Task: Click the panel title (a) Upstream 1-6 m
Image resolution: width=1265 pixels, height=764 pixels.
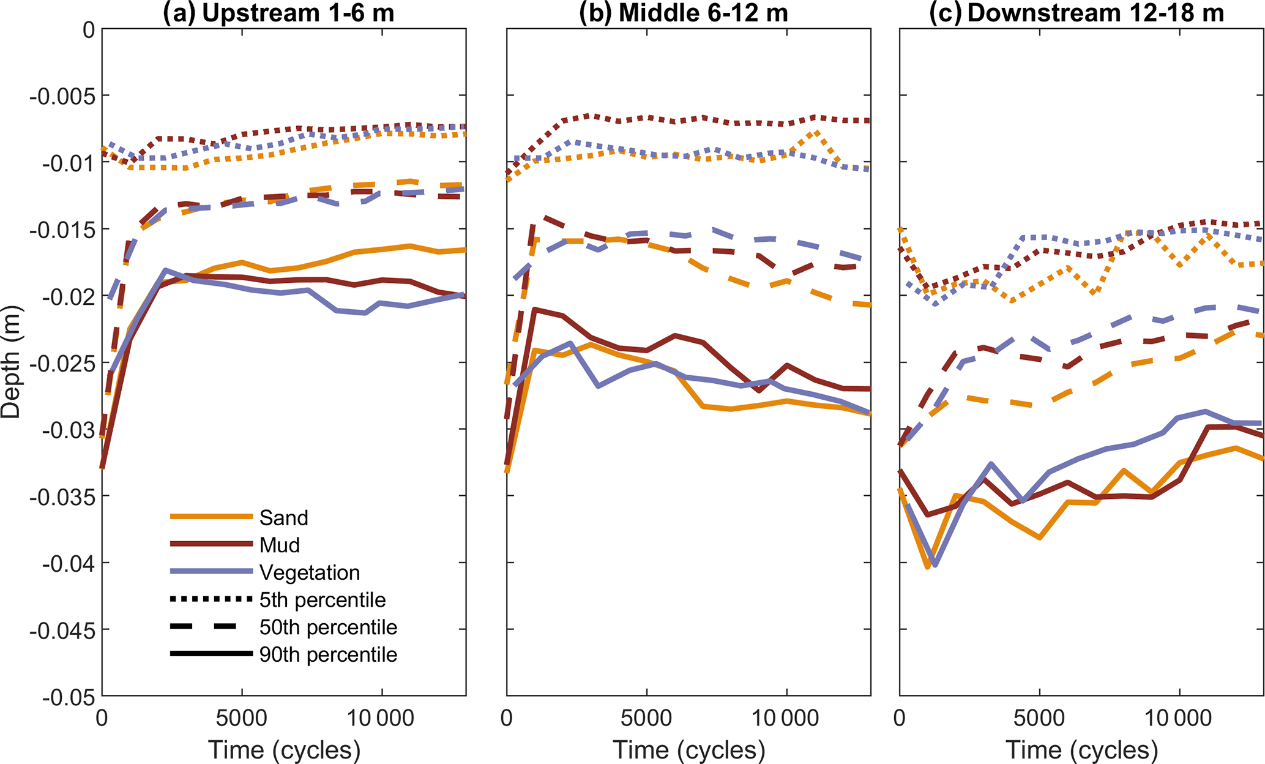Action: click(278, 13)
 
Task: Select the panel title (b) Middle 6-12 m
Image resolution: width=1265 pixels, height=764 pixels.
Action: click(684, 13)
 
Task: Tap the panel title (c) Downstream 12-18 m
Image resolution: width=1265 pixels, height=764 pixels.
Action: click(1077, 13)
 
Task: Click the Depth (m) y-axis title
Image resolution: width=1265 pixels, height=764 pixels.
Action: click(11, 362)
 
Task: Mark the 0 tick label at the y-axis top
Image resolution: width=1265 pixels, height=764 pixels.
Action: click(89, 29)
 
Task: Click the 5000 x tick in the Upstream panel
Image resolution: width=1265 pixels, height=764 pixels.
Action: click(242, 718)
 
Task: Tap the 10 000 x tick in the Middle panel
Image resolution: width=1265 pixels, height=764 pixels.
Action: click(786, 718)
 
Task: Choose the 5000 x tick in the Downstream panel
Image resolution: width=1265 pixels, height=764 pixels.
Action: click(1039, 718)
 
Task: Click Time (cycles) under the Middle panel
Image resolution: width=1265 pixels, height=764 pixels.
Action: click(689, 750)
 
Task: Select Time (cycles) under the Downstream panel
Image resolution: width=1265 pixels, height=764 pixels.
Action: click(1081, 750)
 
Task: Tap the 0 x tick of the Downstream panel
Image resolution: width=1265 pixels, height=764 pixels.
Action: click(900, 718)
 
